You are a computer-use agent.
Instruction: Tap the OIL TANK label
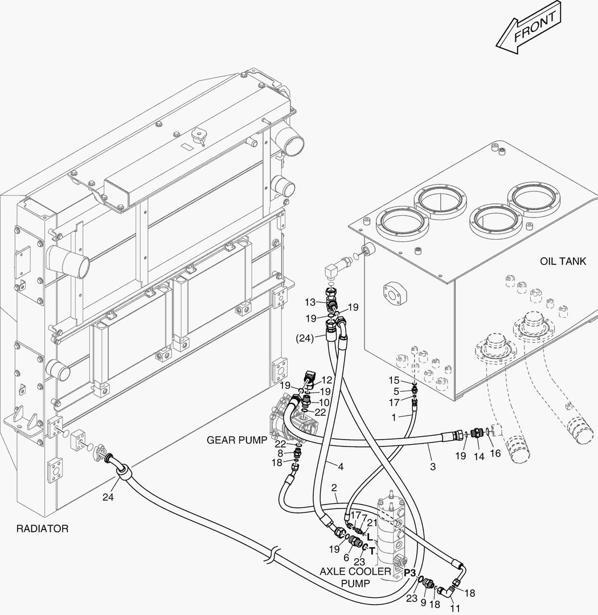click(x=563, y=261)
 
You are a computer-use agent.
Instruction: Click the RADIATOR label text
click(x=42, y=528)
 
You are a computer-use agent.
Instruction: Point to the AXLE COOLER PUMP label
click(x=355, y=577)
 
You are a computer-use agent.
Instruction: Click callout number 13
click(x=310, y=302)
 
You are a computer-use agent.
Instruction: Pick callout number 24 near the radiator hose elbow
click(x=108, y=497)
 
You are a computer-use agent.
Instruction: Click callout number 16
click(x=495, y=453)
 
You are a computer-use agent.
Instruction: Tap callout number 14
click(x=479, y=456)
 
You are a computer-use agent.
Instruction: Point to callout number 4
click(x=341, y=467)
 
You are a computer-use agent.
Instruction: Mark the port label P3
click(x=410, y=571)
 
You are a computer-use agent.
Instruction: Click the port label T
click(x=372, y=551)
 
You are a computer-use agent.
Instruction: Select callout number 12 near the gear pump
click(x=327, y=380)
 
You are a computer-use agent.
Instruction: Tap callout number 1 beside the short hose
click(x=393, y=417)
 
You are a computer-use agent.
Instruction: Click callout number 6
click(x=346, y=557)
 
